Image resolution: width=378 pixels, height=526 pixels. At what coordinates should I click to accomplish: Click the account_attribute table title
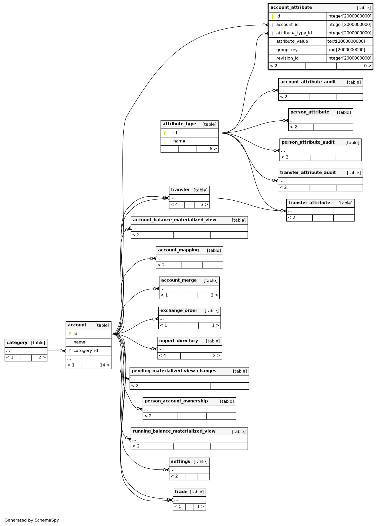[x=291, y=7]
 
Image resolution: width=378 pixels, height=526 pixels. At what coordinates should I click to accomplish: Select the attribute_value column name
[x=292, y=41]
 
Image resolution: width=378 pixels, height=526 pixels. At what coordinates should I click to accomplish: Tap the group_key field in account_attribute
[x=287, y=50]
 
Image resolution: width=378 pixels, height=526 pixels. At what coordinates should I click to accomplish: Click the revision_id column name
[x=288, y=58]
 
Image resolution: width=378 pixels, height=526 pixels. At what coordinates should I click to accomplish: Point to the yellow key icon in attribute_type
[x=165, y=133]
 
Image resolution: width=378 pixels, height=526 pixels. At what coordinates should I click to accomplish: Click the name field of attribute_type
[x=179, y=141]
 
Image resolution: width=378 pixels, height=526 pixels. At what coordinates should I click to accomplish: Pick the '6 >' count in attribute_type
[x=213, y=149]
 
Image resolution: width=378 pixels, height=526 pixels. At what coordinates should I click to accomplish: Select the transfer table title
[x=180, y=189]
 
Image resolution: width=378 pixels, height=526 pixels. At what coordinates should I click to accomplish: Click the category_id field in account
[x=86, y=351]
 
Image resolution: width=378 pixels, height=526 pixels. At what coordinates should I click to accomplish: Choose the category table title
[x=17, y=343]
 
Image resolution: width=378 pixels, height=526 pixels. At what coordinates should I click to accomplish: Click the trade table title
[x=181, y=492]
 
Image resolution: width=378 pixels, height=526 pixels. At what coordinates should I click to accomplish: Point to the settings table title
[x=180, y=462]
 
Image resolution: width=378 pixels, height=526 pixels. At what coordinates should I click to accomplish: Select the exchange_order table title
[x=179, y=310]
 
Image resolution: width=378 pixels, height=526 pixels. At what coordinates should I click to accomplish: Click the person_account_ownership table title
[x=176, y=401]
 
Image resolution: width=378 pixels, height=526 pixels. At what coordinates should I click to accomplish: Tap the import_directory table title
[x=178, y=341]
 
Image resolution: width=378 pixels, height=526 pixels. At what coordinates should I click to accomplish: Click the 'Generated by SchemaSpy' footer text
[x=32, y=520]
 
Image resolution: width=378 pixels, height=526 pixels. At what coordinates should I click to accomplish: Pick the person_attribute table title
[x=310, y=112]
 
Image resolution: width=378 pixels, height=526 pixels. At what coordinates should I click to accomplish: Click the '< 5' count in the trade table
[x=178, y=507]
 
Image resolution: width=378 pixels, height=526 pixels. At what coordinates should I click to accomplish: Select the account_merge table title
[x=179, y=280]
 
